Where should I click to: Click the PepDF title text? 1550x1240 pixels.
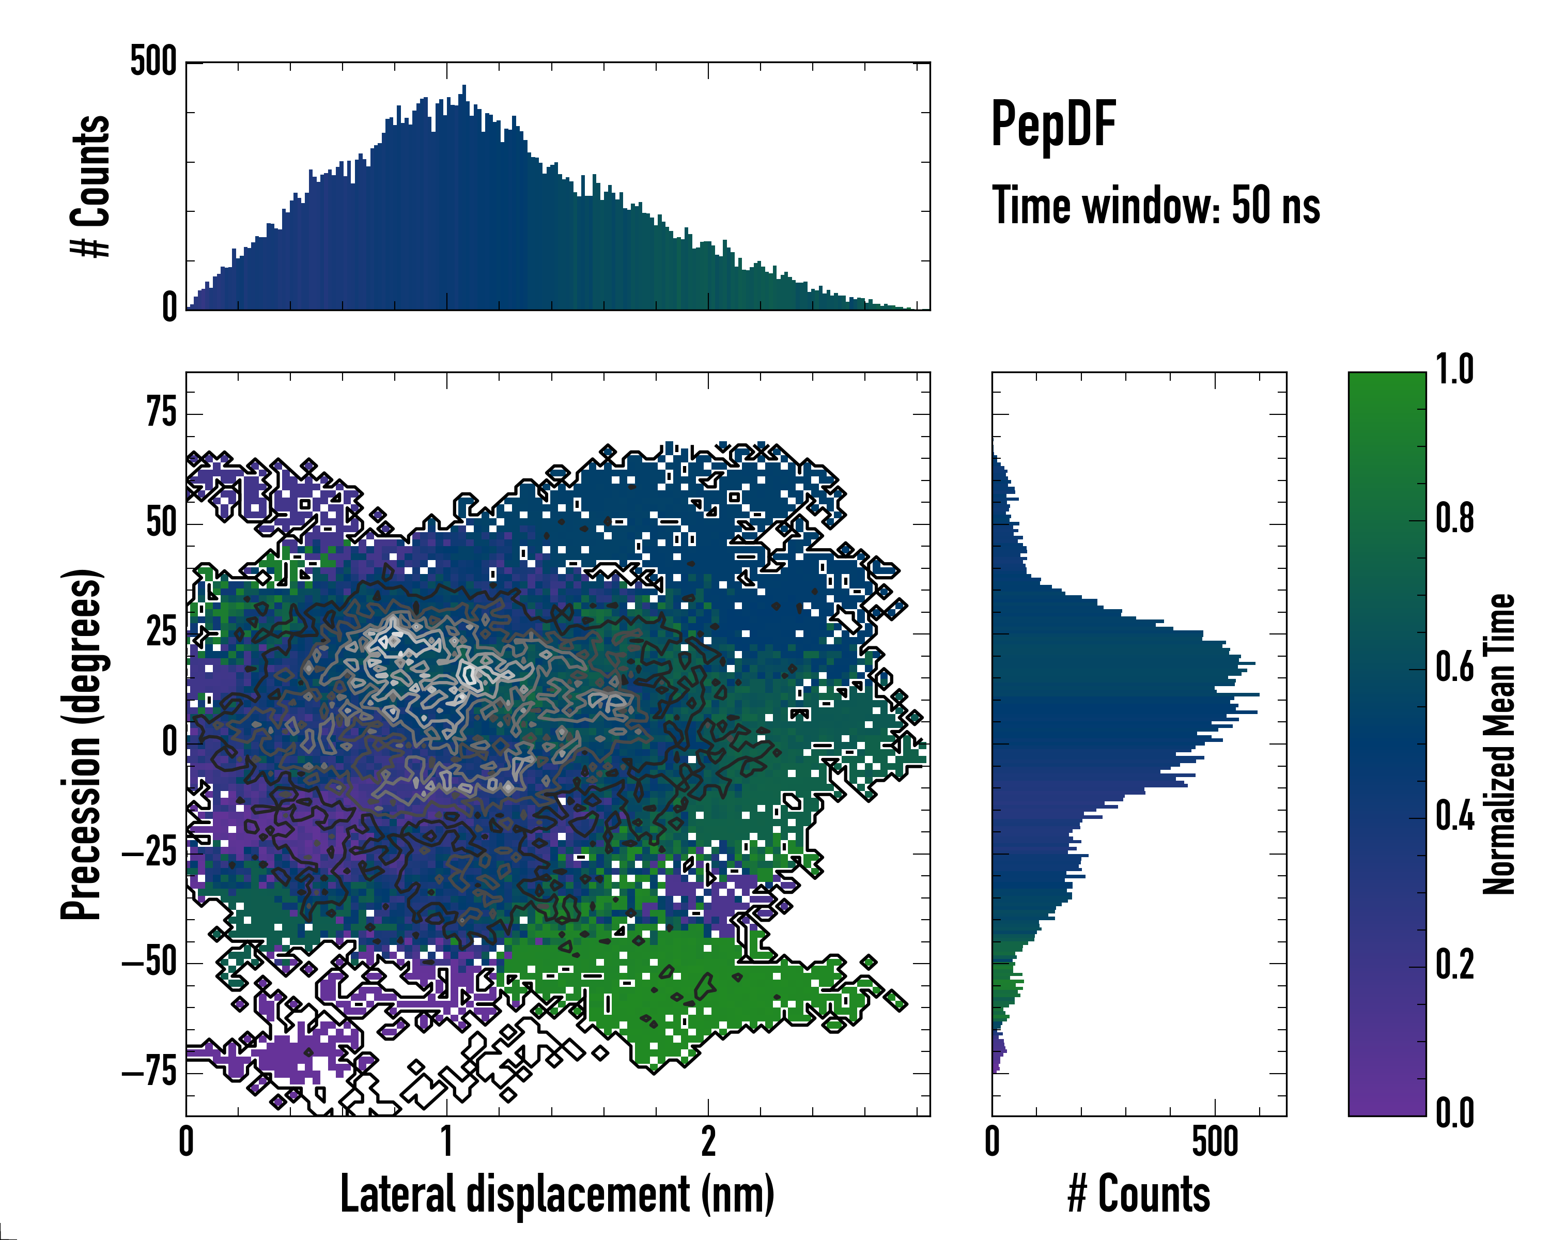coord(1052,125)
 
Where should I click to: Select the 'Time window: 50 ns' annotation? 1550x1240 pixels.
coord(1155,206)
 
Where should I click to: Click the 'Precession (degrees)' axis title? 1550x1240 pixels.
coord(81,744)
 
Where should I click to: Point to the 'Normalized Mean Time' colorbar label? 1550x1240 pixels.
coord(1499,743)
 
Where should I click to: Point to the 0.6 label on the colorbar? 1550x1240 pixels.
coord(1454,667)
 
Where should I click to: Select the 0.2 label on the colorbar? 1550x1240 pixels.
coord(1454,965)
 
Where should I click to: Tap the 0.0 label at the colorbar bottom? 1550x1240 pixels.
coord(1454,1113)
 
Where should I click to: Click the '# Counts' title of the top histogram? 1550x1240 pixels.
coord(90,185)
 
